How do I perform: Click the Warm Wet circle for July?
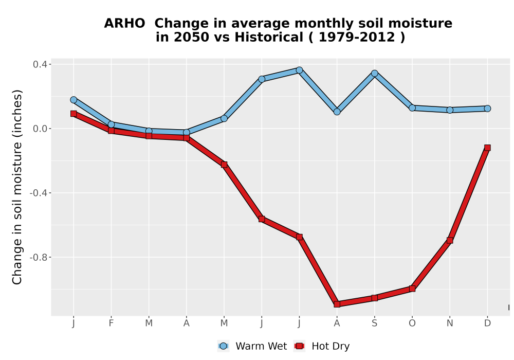point(299,70)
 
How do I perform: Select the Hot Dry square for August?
point(337,304)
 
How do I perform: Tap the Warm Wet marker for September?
point(375,74)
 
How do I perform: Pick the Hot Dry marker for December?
point(487,148)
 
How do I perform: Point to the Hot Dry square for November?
point(450,240)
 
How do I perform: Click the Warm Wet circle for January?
point(74,100)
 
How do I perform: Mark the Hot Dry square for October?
point(412,289)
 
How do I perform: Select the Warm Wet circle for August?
point(337,112)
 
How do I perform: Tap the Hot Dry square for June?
point(262,219)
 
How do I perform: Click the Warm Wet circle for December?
point(487,109)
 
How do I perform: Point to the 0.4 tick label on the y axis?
point(40,64)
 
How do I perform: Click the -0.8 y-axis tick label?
point(38,257)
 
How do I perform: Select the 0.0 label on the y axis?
point(40,129)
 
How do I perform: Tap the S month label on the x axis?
point(375,323)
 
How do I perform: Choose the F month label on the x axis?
point(111,323)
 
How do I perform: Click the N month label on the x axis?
point(450,323)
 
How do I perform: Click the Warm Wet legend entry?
point(252,346)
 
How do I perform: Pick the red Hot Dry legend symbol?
point(299,346)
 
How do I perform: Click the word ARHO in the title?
point(124,24)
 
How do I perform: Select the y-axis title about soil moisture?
point(17,187)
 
